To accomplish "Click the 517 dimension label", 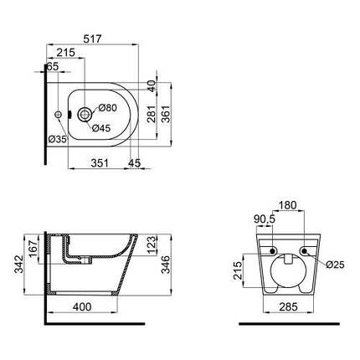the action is click(x=93, y=39).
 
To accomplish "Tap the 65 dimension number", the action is click(x=52, y=66).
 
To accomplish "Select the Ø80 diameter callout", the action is click(x=107, y=108).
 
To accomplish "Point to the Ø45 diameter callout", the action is click(x=101, y=128).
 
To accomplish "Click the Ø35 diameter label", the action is click(x=58, y=139).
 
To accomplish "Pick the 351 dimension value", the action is click(x=100, y=163).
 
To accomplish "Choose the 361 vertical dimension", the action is click(x=166, y=114).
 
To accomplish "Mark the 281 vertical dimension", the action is click(x=151, y=114).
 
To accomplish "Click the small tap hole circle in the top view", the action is click(x=59, y=114).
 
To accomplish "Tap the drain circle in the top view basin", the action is click(x=85, y=114).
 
